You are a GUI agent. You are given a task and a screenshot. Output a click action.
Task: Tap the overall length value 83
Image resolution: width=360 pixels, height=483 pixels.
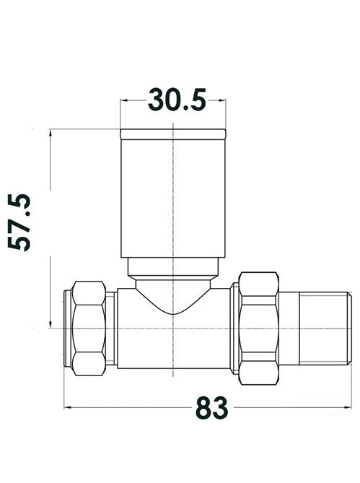[x=212, y=408]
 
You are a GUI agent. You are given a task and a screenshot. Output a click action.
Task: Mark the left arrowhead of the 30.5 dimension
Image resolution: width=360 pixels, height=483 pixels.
[x=124, y=99]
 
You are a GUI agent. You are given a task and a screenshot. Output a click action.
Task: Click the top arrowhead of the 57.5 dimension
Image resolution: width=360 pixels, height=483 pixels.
[x=51, y=134]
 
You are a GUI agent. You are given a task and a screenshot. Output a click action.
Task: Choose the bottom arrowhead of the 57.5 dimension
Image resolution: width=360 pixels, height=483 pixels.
[x=51, y=324]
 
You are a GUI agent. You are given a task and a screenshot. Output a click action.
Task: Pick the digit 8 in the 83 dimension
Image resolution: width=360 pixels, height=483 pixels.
[x=203, y=408]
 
